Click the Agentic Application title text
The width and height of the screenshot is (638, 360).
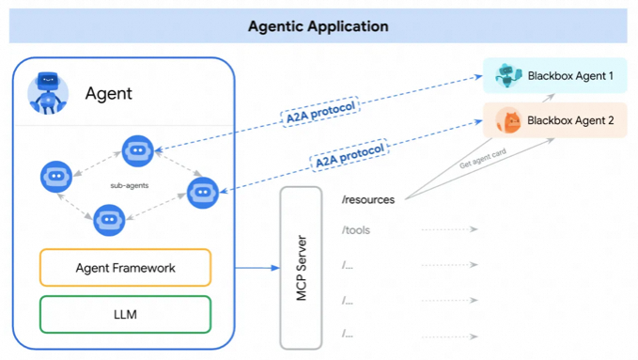coord(319,26)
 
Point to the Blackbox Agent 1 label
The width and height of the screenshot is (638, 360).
coord(570,76)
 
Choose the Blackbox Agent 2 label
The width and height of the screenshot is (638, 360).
coord(570,120)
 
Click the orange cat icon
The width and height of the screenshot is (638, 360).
coord(508,120)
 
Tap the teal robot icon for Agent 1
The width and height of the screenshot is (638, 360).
coord(508,75)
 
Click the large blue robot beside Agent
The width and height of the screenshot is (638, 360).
coord(48,93)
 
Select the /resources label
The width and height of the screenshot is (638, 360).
coord(368,199)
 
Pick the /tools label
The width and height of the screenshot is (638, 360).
coord(356,230)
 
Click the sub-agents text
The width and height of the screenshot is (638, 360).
coord(130,186)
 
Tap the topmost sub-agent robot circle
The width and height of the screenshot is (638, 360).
coord(138,151)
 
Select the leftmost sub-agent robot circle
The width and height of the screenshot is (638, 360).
coord(56,177)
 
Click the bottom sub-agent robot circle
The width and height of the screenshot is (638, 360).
coord(109,220)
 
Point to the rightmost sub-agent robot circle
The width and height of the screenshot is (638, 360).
coord(203,193)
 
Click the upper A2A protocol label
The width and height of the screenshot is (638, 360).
coord(320,112)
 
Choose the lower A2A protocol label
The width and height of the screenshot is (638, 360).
coord(350,156)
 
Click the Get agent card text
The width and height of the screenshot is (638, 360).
coord(483,159)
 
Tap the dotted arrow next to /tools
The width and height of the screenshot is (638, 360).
coord(450,229)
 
